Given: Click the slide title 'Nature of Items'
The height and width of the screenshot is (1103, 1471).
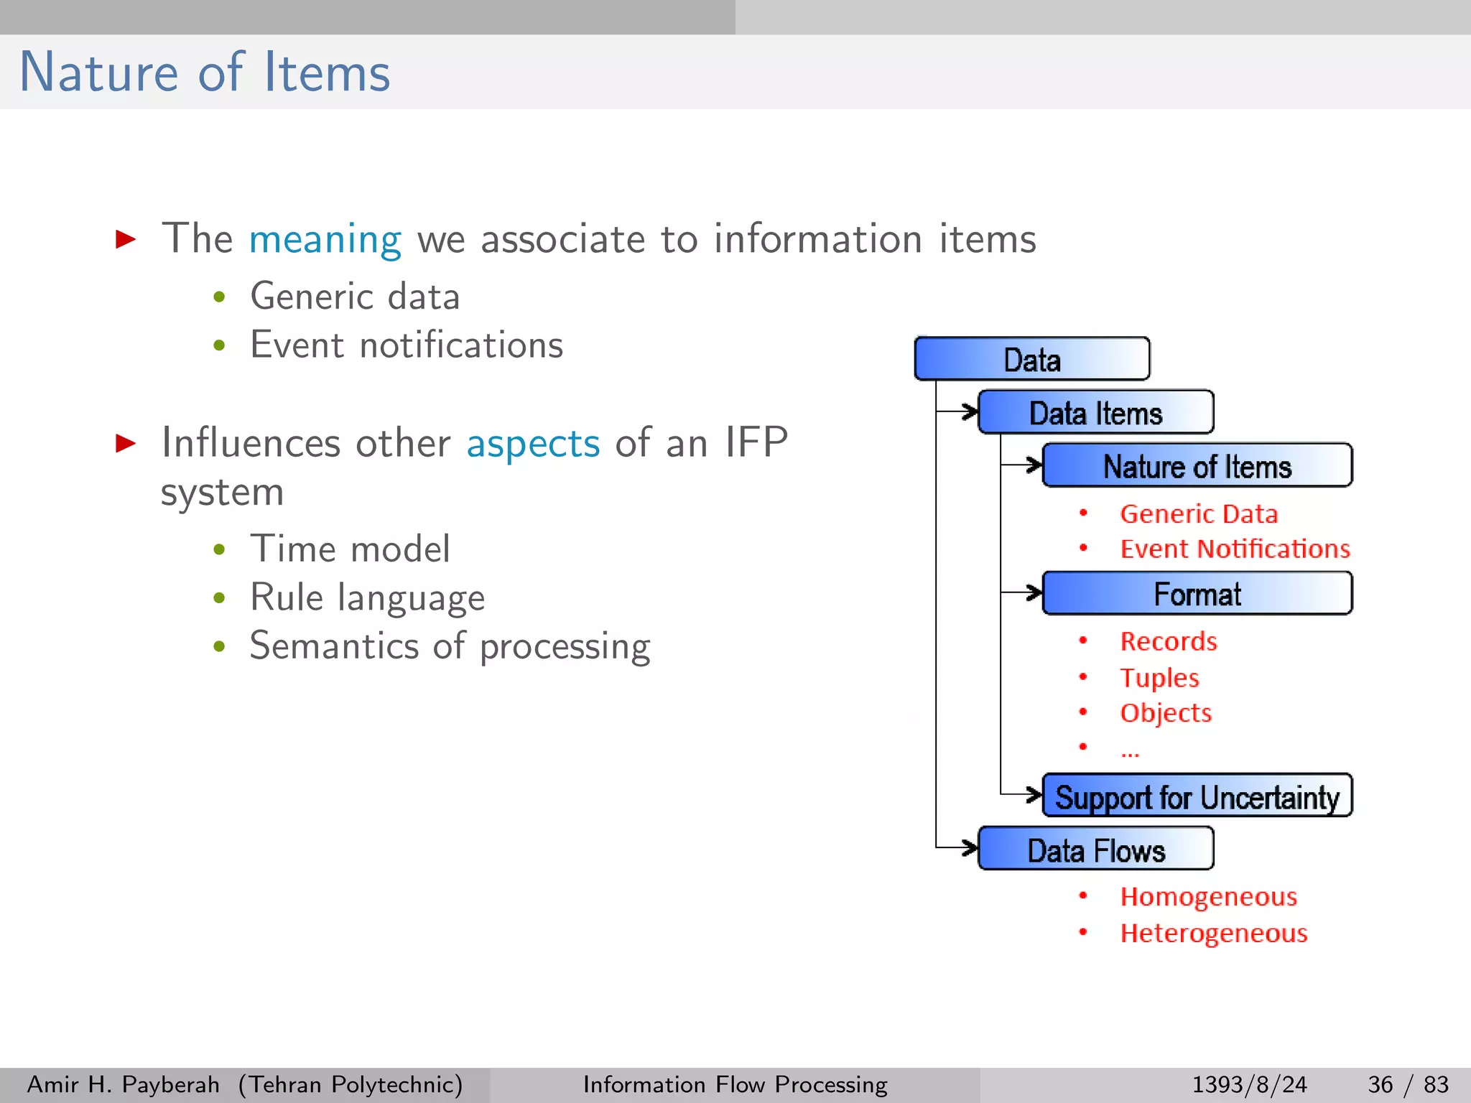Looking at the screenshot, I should (x=205, y=73).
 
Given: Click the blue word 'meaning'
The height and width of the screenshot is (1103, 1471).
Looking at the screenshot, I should (x=325, y=239).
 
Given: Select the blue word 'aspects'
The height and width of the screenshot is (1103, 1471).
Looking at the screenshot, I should (x=533, y=443).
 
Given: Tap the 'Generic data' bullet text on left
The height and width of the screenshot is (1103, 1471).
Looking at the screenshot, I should (x=355, y=297).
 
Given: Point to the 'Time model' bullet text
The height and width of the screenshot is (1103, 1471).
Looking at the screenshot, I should (x=350, y=549).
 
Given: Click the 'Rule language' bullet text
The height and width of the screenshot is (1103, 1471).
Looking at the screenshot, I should (x=367, y=598).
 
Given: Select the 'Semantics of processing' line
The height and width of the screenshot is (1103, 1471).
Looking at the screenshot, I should (x=450, y=646).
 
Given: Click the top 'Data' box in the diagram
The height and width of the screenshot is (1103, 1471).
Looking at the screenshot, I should (x=1032, y=359).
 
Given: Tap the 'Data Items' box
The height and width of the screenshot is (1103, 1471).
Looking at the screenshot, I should (x=1096, y=413).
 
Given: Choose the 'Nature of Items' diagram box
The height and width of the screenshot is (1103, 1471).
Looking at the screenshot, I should (x=1197, y=466).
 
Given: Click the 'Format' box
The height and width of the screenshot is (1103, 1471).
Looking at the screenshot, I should (x=1197, y=594).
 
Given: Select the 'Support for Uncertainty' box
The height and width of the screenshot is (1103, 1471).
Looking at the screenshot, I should (x=1197, y=796).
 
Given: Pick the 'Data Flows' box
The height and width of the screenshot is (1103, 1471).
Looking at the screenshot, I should (x=1096, y=850).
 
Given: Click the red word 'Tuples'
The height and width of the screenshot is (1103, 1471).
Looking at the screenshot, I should (x=1159, y=677).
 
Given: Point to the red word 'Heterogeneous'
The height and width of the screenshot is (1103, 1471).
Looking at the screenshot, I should (x=1214, y=933).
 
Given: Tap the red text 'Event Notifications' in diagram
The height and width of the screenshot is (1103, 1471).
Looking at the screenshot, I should (x=1235, y=549).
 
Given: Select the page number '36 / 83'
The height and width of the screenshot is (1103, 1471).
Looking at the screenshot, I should (x=1408, y=1084).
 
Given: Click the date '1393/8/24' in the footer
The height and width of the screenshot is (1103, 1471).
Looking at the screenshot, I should (x=1249, y=1084).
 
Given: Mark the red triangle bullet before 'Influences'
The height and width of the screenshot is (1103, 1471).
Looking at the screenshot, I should (x=126, y=443).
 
